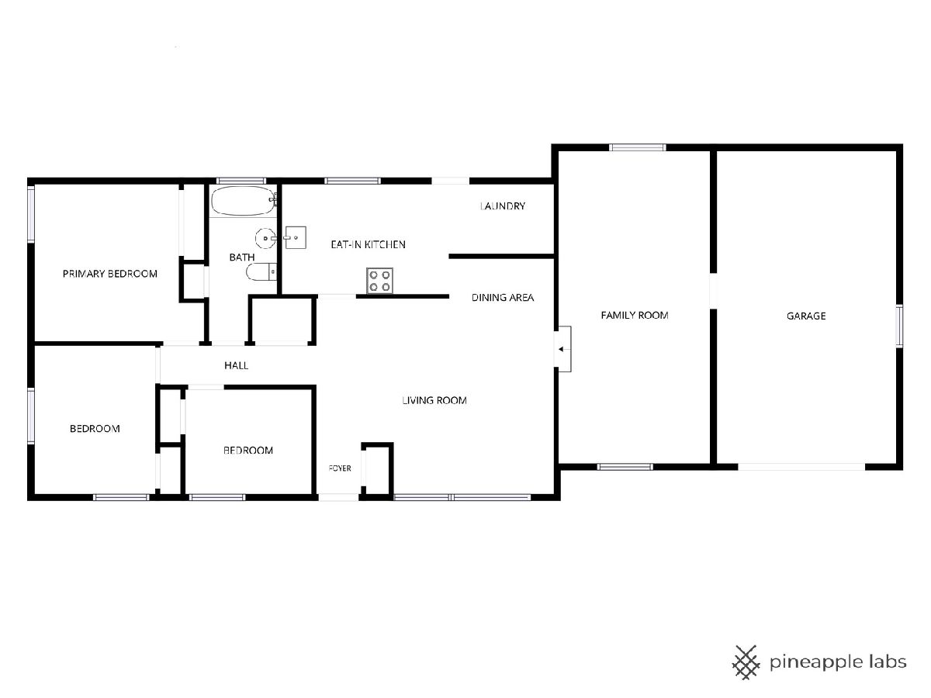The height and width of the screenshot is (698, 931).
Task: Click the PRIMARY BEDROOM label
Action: pyautogui.click(x=110, y=274)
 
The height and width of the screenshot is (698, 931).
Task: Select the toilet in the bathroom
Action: pyautogui.click(x=261, y=271)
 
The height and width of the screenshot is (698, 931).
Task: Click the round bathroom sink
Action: pyautogui.click(x=266, y=238)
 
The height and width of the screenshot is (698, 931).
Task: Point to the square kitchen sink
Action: pyautogui.click(x=296, y=237)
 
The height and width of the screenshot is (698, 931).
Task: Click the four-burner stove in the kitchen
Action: pyautogui.click(x=379, y=281)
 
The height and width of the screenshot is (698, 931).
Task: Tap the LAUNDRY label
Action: pyautogui.click(x=503, y=206)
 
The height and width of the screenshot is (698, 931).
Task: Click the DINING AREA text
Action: pyautogui.click(x=503, y=298)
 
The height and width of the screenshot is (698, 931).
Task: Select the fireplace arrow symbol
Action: pyautogui.click(x=561, y=349)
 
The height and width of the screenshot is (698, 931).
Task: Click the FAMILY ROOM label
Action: pyautogui.click(x=635, y=316)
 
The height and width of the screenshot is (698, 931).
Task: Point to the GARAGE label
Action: pyautogui.click(x=806, y=316)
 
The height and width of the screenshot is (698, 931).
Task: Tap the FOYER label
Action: pyautogui.click(x=340, y=468)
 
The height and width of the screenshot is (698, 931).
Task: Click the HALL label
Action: pyautogui.click(x=237, y=365)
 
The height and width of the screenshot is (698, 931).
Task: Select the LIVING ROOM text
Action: pyautogui.click(x=434, y=400)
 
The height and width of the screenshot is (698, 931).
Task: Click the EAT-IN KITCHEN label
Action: pyautogui.click(x=369, y=244)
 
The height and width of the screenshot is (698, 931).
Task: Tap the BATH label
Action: pyautogui.click(x=242, y=257)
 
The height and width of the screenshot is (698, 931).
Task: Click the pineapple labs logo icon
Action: pyautogui.click(x=746, y=662)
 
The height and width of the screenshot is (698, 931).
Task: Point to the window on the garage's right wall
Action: pyautogui.click(x=899, y=326)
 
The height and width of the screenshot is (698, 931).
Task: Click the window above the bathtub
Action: pyautogui.click(x=241, y=181)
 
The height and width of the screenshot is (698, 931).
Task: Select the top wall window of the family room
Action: pyautogui.click(x=638, y=147)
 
